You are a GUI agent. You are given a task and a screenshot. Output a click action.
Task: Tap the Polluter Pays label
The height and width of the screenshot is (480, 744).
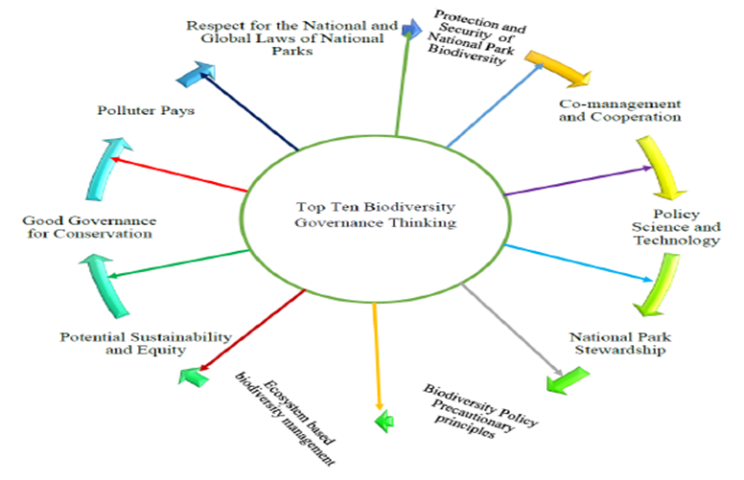(146, 110)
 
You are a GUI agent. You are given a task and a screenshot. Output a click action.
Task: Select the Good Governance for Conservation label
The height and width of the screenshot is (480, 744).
(87, 227)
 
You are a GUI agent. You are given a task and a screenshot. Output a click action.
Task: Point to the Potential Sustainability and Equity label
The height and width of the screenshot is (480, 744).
(146, 343)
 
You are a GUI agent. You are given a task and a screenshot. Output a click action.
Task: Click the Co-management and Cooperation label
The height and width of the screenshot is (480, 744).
(619, 110)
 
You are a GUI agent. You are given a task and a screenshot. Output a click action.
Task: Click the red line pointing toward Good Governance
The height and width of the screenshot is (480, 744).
(178, 174)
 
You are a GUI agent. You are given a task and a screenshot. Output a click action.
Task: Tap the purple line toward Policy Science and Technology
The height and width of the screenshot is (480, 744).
(575, 182)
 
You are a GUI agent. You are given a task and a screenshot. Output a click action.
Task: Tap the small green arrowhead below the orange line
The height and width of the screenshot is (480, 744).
(384, 420)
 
